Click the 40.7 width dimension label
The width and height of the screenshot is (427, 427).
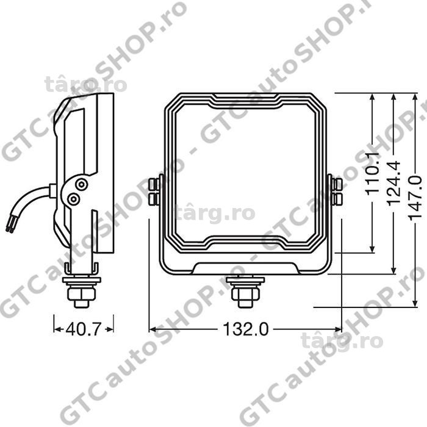pos(84,329)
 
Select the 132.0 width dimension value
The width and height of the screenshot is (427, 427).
pos(246,329)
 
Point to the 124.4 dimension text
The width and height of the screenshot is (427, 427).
pos(393,183)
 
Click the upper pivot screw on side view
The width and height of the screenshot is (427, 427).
pos(81,185)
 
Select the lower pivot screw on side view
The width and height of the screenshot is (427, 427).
pos(73,199)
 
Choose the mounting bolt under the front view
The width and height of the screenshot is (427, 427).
pos(245,292)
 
